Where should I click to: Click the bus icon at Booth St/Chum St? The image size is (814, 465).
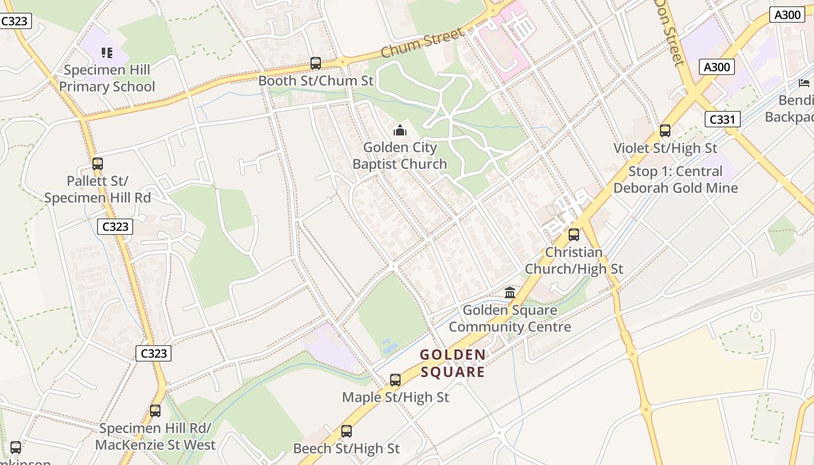coord(316,63)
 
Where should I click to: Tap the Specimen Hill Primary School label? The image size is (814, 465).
coord(107,78)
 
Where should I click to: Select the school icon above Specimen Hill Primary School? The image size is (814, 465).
coord(106,53)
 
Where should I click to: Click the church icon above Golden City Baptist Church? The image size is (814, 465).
coord(400,130)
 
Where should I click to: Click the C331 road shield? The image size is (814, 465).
coord(723,120)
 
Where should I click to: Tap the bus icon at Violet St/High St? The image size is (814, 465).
coord(665,131)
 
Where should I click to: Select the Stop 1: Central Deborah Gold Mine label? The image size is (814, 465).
coord(675,180)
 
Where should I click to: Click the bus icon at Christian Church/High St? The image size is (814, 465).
coord(574,235)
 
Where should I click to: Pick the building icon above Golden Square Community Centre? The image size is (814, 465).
coord(510,292)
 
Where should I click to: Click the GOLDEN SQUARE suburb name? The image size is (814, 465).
coord(452,363)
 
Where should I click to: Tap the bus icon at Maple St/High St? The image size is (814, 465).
coord(395,380)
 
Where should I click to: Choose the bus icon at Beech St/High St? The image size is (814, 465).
coord(347,431)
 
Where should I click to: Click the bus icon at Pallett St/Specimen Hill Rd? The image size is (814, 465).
coord(98,164)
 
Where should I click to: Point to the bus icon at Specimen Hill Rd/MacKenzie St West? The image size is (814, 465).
coord(155,411)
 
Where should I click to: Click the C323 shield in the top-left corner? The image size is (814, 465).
coord(15,22)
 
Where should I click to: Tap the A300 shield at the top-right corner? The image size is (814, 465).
coord(788,15)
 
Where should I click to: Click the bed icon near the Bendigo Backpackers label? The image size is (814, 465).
coord(804,83)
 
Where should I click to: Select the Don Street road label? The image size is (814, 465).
coord(670,32)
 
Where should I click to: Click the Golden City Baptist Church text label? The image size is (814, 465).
coord(400,156)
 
